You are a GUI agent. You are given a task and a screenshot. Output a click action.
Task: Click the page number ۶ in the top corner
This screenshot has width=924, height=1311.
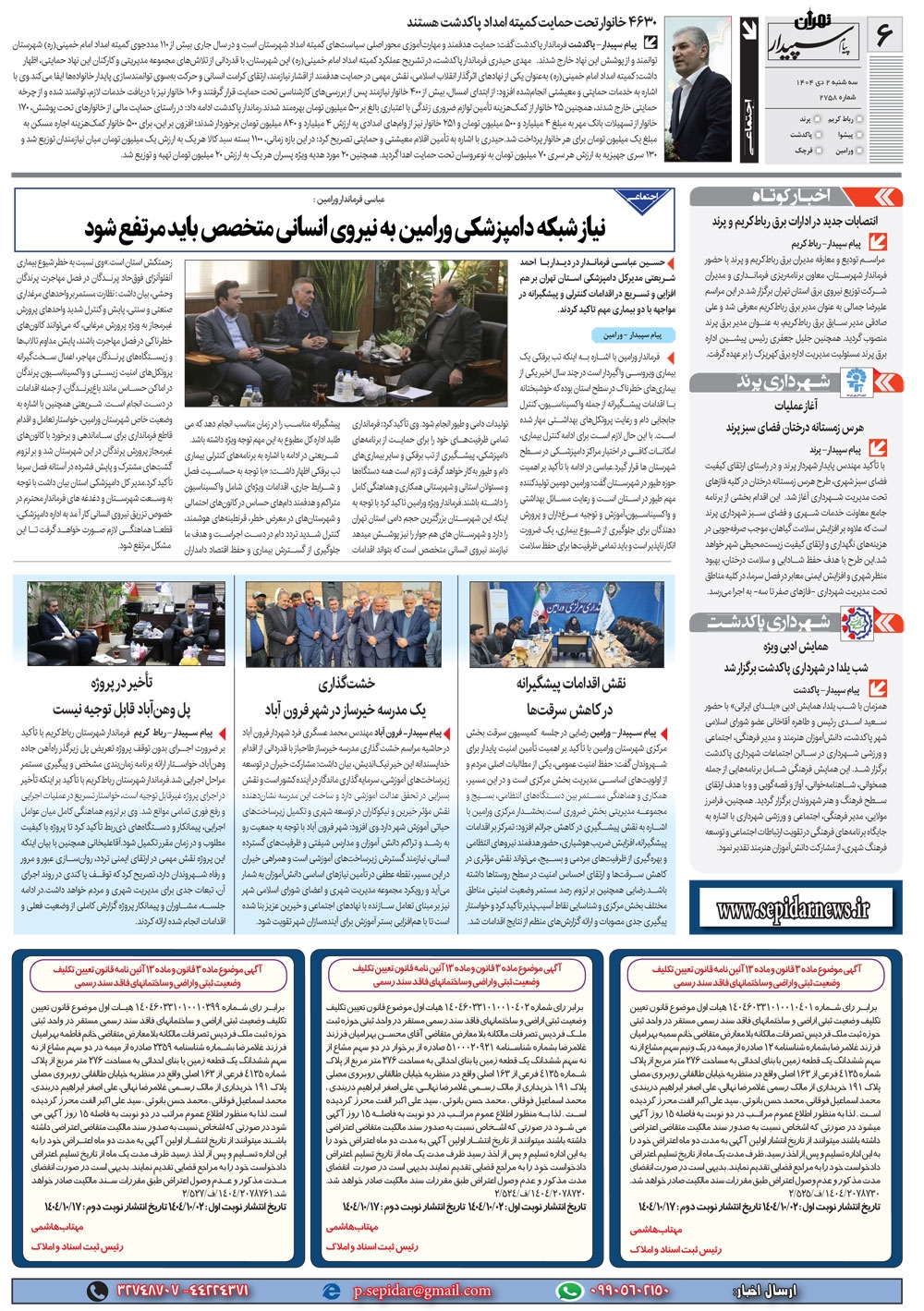click(x=884, y=35)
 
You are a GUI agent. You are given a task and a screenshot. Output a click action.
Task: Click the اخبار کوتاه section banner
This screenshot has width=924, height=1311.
click(x=796, y=196)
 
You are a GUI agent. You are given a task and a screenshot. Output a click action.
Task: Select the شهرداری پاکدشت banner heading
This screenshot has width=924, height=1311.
click(x=795, y=621)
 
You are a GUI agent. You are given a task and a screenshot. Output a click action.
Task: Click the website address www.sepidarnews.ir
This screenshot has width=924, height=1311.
click(x=793, y=910)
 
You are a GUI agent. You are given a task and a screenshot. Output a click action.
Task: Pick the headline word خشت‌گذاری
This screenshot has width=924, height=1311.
click(x=346, y=684)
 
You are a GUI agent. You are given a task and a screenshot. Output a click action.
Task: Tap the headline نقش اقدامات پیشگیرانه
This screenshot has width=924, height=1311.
click(x=570, y=684)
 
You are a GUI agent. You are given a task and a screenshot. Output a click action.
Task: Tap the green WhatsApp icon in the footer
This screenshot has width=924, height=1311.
click(x=570, y=1290)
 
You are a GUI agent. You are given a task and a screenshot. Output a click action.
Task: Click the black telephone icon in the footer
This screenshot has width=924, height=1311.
click(x=97, y=1290)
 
